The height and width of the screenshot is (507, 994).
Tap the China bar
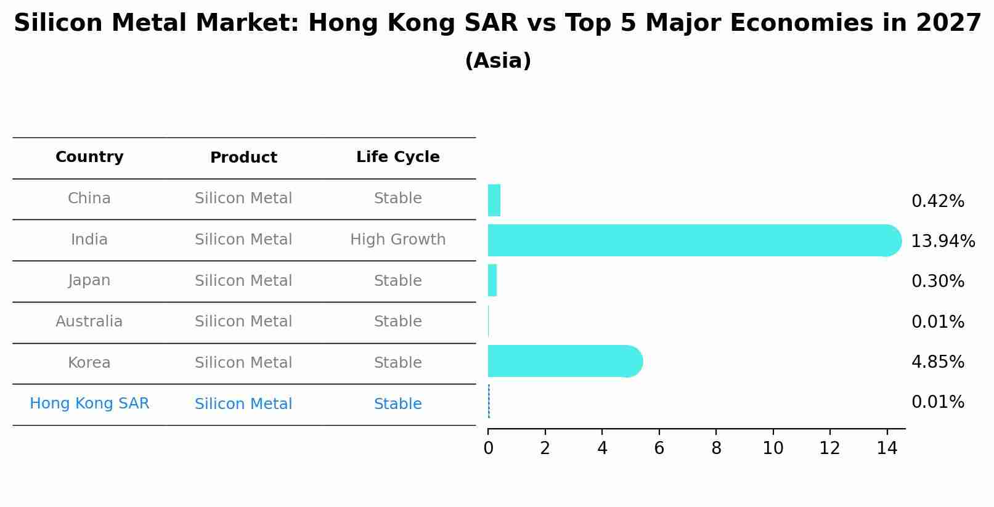click(494, 200)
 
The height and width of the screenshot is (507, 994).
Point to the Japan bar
click(492, 280)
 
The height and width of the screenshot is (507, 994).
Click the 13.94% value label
click(942, 241)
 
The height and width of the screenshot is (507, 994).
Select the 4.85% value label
click(937, 362)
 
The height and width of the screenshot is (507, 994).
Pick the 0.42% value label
click(937, 201)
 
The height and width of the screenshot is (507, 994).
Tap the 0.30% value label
click(937, 281)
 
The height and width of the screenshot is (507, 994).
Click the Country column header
click(89, 157)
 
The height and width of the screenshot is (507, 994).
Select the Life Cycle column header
click(397, 157)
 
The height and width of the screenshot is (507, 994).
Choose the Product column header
click(243, 158)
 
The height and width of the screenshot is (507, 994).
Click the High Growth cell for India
click(397, 240)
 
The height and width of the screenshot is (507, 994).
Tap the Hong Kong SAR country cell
click(89, 404)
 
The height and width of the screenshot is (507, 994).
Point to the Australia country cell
click(89, 322)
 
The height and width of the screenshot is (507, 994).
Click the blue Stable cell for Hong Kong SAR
click(397, 404)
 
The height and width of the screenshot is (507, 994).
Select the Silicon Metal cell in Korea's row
click(243, 363)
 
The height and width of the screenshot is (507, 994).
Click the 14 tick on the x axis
click(887, 448)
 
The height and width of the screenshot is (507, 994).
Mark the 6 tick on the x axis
click(659, 448)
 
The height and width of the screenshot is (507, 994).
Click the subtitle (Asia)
click(497, 61)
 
